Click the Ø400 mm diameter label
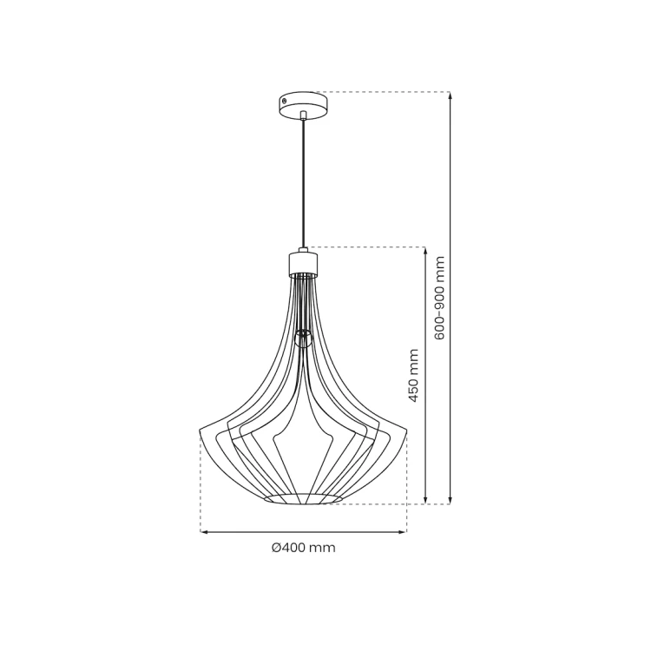click(304, 548)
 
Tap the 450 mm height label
click(412, 375)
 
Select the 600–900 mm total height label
click(439, 298)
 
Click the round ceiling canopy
click(304, 105)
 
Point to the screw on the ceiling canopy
click(284, 101)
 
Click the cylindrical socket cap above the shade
click(304, 263)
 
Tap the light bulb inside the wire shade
click(303, 339)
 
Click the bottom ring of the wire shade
click(304, 498)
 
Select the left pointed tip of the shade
click(201, 431)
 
